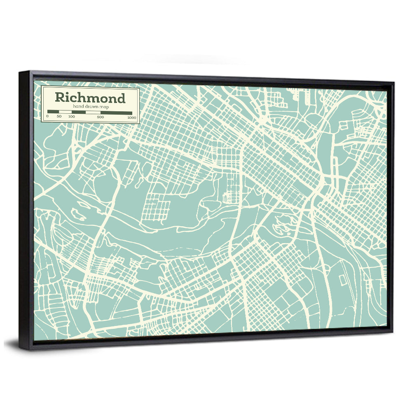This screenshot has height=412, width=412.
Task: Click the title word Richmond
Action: [90, 98]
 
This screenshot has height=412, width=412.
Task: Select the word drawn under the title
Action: [91, 107]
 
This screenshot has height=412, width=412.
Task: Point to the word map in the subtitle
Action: [103, 107]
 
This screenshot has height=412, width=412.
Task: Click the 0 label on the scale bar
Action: [47, 117]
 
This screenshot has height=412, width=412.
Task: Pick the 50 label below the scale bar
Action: [59, 117]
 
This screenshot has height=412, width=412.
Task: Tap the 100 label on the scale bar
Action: [72, 117]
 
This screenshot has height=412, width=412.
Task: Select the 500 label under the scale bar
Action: [101, 117]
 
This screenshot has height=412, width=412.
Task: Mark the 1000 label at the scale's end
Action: [131, 117]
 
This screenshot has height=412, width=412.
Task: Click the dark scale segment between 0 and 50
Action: [53, 112]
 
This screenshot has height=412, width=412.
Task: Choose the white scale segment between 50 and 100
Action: [65, 112]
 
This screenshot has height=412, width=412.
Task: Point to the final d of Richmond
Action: [120, 98]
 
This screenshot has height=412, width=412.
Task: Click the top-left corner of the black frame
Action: [19, 73]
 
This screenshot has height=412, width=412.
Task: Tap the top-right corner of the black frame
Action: [393, 83]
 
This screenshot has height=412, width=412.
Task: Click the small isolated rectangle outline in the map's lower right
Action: [342, 279]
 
